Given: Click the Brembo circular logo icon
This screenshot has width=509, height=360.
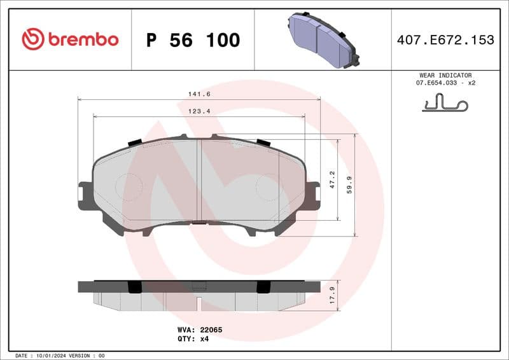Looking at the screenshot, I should click(33, 39).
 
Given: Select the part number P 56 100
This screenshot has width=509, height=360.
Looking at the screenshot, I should click(193, 40).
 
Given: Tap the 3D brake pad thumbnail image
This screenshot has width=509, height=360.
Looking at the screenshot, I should click(322, 39).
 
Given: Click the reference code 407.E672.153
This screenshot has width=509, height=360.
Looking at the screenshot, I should click(445, 40).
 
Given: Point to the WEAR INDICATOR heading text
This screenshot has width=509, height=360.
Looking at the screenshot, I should click(445, 75).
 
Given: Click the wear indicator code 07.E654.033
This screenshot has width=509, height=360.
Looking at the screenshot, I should click(438, 83).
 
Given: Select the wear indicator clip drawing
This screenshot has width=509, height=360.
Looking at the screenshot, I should click(445, 103).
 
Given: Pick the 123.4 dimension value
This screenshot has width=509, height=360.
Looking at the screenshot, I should click(199, 111).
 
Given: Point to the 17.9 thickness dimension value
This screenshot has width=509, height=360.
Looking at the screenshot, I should click(331, 296).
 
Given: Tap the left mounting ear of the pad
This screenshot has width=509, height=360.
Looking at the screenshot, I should click(85, 196).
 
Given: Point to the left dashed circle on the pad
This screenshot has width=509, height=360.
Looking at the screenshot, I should click(129, 187).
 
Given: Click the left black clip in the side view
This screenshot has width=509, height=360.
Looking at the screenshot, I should click(134, 287).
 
